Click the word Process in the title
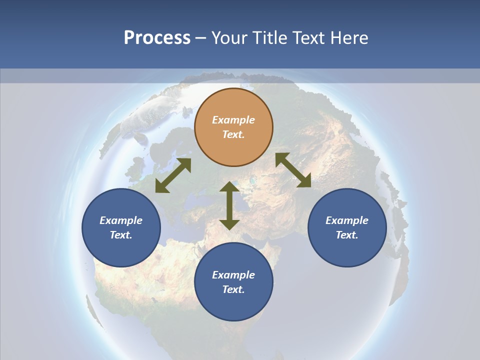[157, 38]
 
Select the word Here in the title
[348, 38]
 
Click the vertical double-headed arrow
[229, 205]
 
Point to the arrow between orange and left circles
[173, 175]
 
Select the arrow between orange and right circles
[293, 170]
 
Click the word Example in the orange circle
[233, 120]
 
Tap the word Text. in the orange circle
[233, 134]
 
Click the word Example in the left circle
[121, 220]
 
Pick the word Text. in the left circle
[121, 235]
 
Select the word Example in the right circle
[347, 220]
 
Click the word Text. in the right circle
[347, 235]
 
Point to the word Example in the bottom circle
[233, 275]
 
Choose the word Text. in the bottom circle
[233, 289]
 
